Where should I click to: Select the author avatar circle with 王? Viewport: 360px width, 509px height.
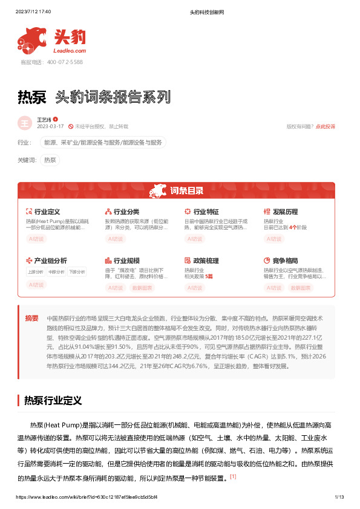(25, 123)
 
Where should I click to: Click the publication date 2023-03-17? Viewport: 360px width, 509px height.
(50, 126)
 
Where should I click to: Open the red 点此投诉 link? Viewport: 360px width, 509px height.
(326, 126)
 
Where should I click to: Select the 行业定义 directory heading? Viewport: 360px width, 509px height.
(47, 212)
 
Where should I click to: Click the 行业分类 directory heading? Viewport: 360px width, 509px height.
(126, 212)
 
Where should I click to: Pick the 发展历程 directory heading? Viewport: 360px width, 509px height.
(286, 212)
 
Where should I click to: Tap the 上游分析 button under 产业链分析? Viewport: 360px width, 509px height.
(36, 271)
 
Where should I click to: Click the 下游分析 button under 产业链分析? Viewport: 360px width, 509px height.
(77, 271)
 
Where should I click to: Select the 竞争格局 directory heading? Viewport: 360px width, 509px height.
(286, 261)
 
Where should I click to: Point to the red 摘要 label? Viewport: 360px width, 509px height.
(31, 318)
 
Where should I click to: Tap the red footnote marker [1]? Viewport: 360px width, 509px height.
(233, 477)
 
